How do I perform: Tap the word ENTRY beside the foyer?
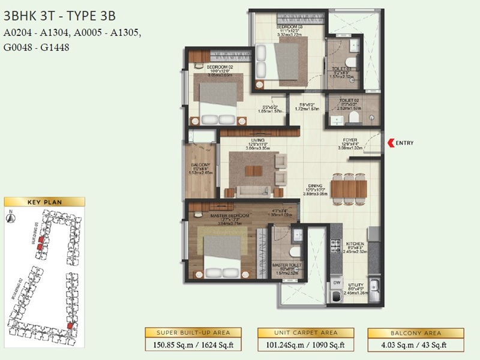click(405, 142)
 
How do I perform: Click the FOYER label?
click(349, 140)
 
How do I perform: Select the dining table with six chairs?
click(348, 188)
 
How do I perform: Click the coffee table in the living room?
click(254, 170)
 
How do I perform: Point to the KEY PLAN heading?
click(44, 202)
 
